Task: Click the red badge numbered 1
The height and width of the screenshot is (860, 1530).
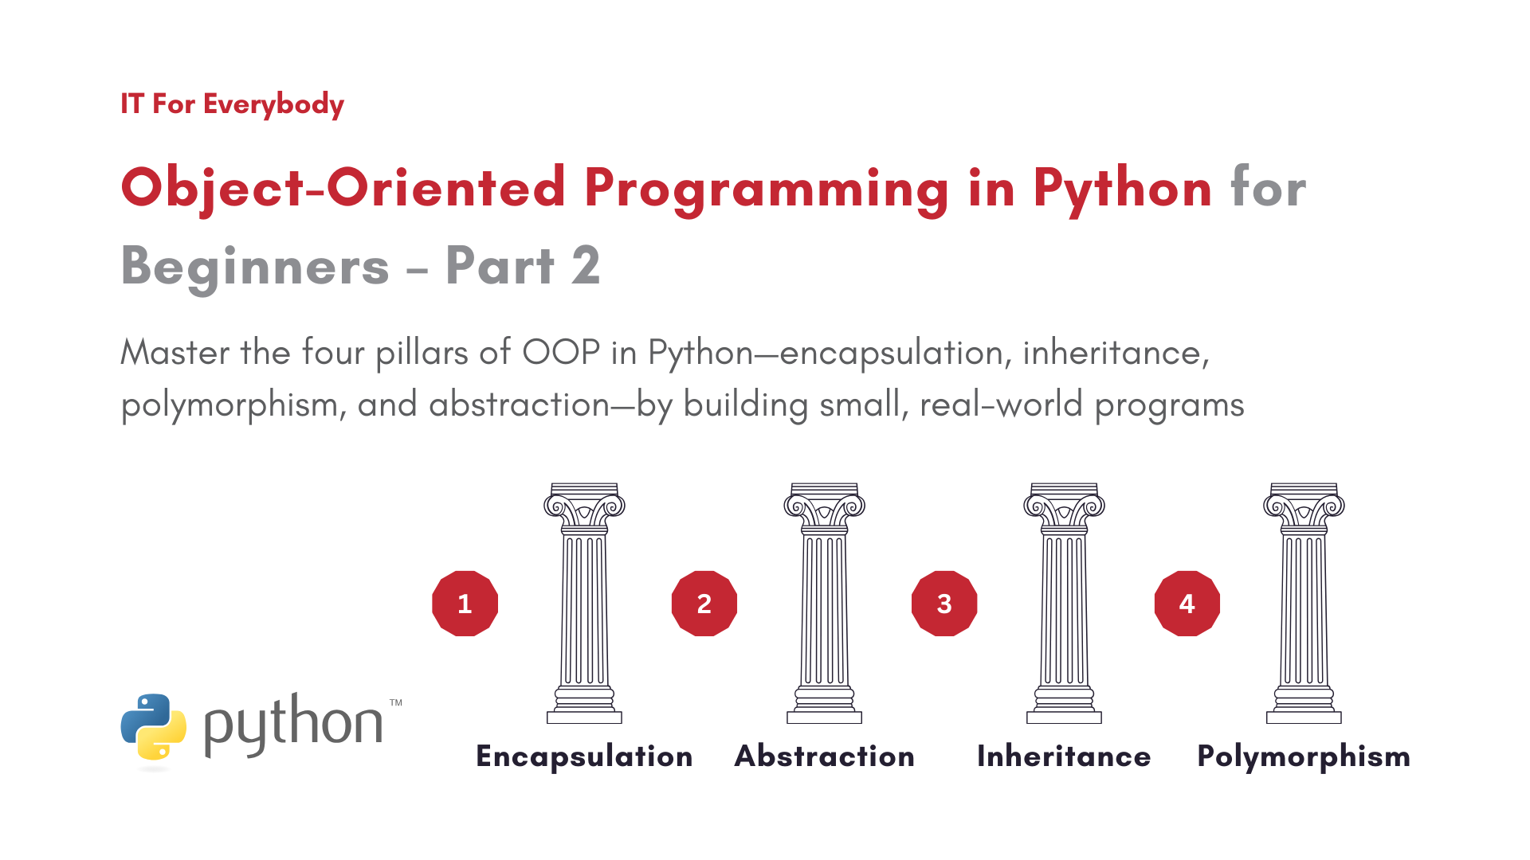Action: [x=465, y=604]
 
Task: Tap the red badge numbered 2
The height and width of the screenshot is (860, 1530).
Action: [x=704, y=604]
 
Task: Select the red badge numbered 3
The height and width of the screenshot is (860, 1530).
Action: [x=944, y=604]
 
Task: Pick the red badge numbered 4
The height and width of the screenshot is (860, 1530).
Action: [x=1187, y=604]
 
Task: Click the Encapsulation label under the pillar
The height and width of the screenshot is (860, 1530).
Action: [x=584, y=757]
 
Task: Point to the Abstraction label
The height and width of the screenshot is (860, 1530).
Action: [x=825, y=756]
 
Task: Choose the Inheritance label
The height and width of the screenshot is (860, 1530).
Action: [x=1064, y=756]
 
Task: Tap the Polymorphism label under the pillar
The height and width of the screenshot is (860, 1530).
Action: [x=1304, y=757]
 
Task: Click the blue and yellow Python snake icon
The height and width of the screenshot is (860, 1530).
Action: [x=154, y=726]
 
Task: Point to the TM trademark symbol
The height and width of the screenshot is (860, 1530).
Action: [x=396, y=702]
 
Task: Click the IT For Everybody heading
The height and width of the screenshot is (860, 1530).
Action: [x=233, y=104]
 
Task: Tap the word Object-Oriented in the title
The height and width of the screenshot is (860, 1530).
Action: [x=343, y=190]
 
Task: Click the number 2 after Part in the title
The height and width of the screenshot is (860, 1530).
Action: [x=586, y=265]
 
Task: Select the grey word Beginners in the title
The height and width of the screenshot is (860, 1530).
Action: [x=255, y=268]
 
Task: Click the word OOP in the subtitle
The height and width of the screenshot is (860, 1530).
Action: [x=561, y=352]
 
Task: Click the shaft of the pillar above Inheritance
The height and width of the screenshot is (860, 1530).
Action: [x=1064, y=610]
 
